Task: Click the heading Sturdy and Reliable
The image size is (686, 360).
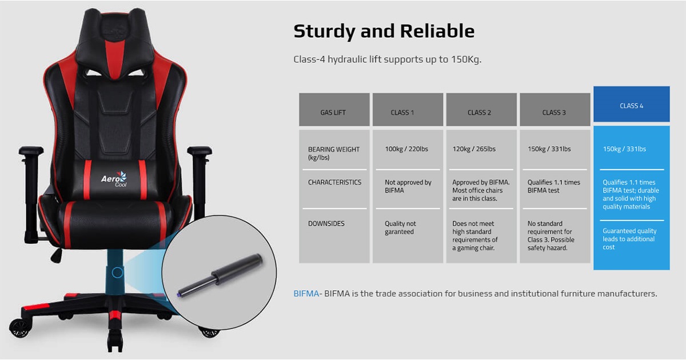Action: pos(384,31)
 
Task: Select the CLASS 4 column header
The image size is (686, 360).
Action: pos(632,104)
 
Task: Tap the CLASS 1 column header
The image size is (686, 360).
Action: pos(408,110)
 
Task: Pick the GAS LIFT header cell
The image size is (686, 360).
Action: pos(334,110)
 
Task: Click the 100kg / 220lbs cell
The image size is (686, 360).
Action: pos(406,149)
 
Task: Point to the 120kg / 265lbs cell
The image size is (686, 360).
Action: pos(474,149)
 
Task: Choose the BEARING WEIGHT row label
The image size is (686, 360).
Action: pos(333,153)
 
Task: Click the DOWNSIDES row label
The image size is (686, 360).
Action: pos(326,223)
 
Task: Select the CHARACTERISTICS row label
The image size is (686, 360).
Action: pos(334,182)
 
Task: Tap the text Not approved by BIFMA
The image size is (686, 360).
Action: pos(408,186)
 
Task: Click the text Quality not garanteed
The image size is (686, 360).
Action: pos(400,228)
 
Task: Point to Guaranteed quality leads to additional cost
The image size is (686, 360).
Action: pos(629,239)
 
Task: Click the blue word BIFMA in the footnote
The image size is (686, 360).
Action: pos(306,294)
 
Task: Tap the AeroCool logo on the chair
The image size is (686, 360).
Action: pos(114,179)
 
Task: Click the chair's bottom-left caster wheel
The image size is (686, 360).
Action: pos(20,328)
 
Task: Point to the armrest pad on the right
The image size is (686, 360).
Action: pos(200,150)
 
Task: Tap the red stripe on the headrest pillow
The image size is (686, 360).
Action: pos(115,59)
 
